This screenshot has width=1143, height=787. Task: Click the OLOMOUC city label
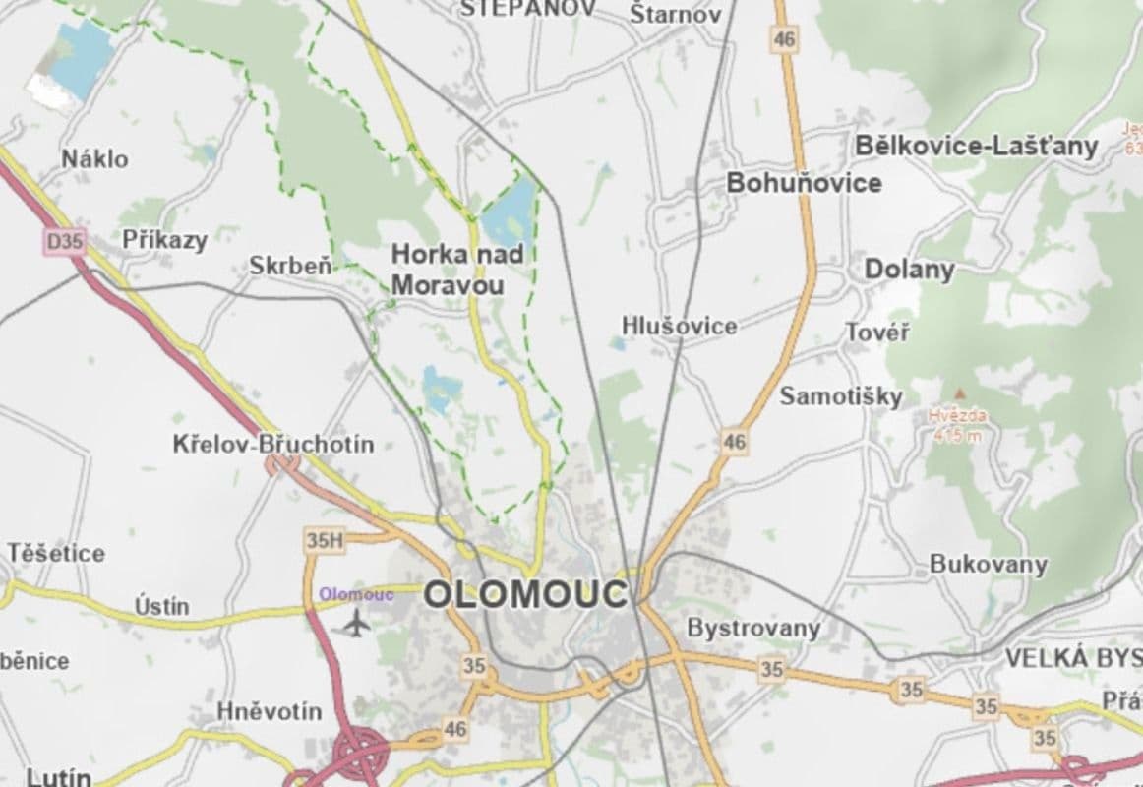(x=525, y=594)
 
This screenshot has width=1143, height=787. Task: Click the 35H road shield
(x=324, y=540)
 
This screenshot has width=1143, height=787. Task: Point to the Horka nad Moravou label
(x=457, y=270)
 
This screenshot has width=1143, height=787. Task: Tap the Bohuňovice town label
(x=804, y=183)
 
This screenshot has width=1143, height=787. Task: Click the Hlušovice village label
(x=679, y=326)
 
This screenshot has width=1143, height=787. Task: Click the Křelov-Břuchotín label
(x=273, y=444)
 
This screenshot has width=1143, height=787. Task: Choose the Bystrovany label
(x=753, y=628)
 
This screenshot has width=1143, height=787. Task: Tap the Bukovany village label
(x=989, y=566)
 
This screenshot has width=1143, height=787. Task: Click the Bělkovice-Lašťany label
(x=976, y=147)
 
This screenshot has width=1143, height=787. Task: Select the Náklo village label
(x=94, y=158)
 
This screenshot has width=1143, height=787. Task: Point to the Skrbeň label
(x=290, y=266)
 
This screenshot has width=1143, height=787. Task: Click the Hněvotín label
(x=269, y=711)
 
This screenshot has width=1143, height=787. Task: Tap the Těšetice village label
(x=56, y=553)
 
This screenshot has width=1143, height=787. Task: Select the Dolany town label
(x=910, y=270)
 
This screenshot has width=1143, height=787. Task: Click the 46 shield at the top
(x=785, y=40)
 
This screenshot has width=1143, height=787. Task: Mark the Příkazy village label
(x=165, y=239)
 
